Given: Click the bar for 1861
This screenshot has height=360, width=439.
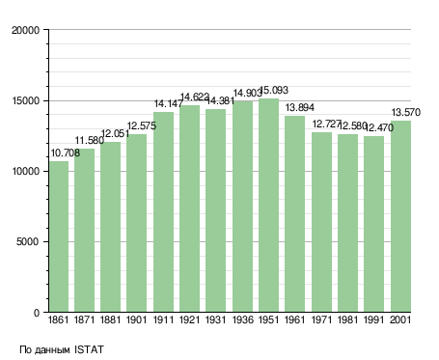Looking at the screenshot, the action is tap(59, 236).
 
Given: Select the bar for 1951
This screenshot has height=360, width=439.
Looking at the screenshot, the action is tap(268, 206).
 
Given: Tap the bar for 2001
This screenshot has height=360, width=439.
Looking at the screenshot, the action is tap(400, 216).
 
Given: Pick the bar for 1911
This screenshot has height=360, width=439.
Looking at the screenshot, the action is tap(163, 212).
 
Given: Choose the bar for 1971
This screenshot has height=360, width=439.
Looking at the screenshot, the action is tap(321, 222).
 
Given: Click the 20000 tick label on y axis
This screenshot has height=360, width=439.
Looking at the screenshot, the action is tap(25, 30).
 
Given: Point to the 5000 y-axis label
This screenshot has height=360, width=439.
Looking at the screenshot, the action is tap(28, 242).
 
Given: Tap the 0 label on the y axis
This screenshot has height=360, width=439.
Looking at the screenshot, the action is tap(37, 313).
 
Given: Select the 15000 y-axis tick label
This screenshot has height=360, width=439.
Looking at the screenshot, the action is tap(25, 100).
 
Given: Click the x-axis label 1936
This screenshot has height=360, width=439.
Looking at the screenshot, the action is tap(242, 320).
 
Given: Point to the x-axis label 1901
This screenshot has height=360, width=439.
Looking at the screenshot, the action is tap(136, 320).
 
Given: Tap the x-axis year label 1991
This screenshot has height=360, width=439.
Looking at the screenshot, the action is tap(373, 320).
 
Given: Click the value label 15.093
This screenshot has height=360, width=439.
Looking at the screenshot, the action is tap(274, 90).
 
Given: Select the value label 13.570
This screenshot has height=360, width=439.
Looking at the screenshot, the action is tap(406, 112).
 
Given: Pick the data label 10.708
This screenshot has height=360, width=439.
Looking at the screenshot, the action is tap(66, 153).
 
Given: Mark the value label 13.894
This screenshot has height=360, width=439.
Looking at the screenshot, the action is tap(300, 107).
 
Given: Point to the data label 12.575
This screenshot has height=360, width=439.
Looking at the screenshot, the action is tap(142, 125).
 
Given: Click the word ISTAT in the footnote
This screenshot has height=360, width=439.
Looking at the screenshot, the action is tap(89, 349).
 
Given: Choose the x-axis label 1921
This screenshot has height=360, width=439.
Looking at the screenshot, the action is tap(189, 320).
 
